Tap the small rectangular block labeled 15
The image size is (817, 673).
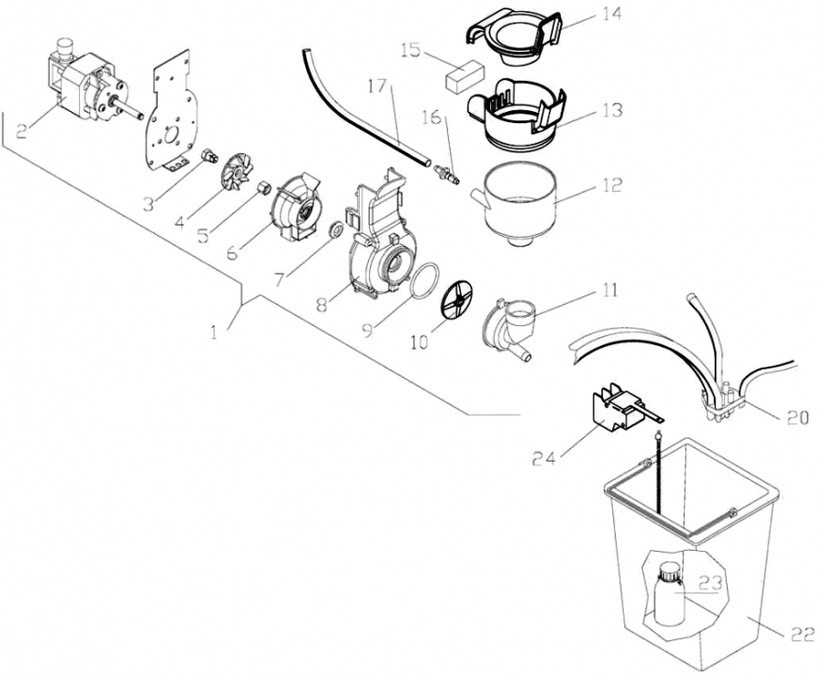tap(466, 75)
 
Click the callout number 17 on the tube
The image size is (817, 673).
tap(377, 86)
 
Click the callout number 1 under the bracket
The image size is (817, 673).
tap(217, 332)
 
